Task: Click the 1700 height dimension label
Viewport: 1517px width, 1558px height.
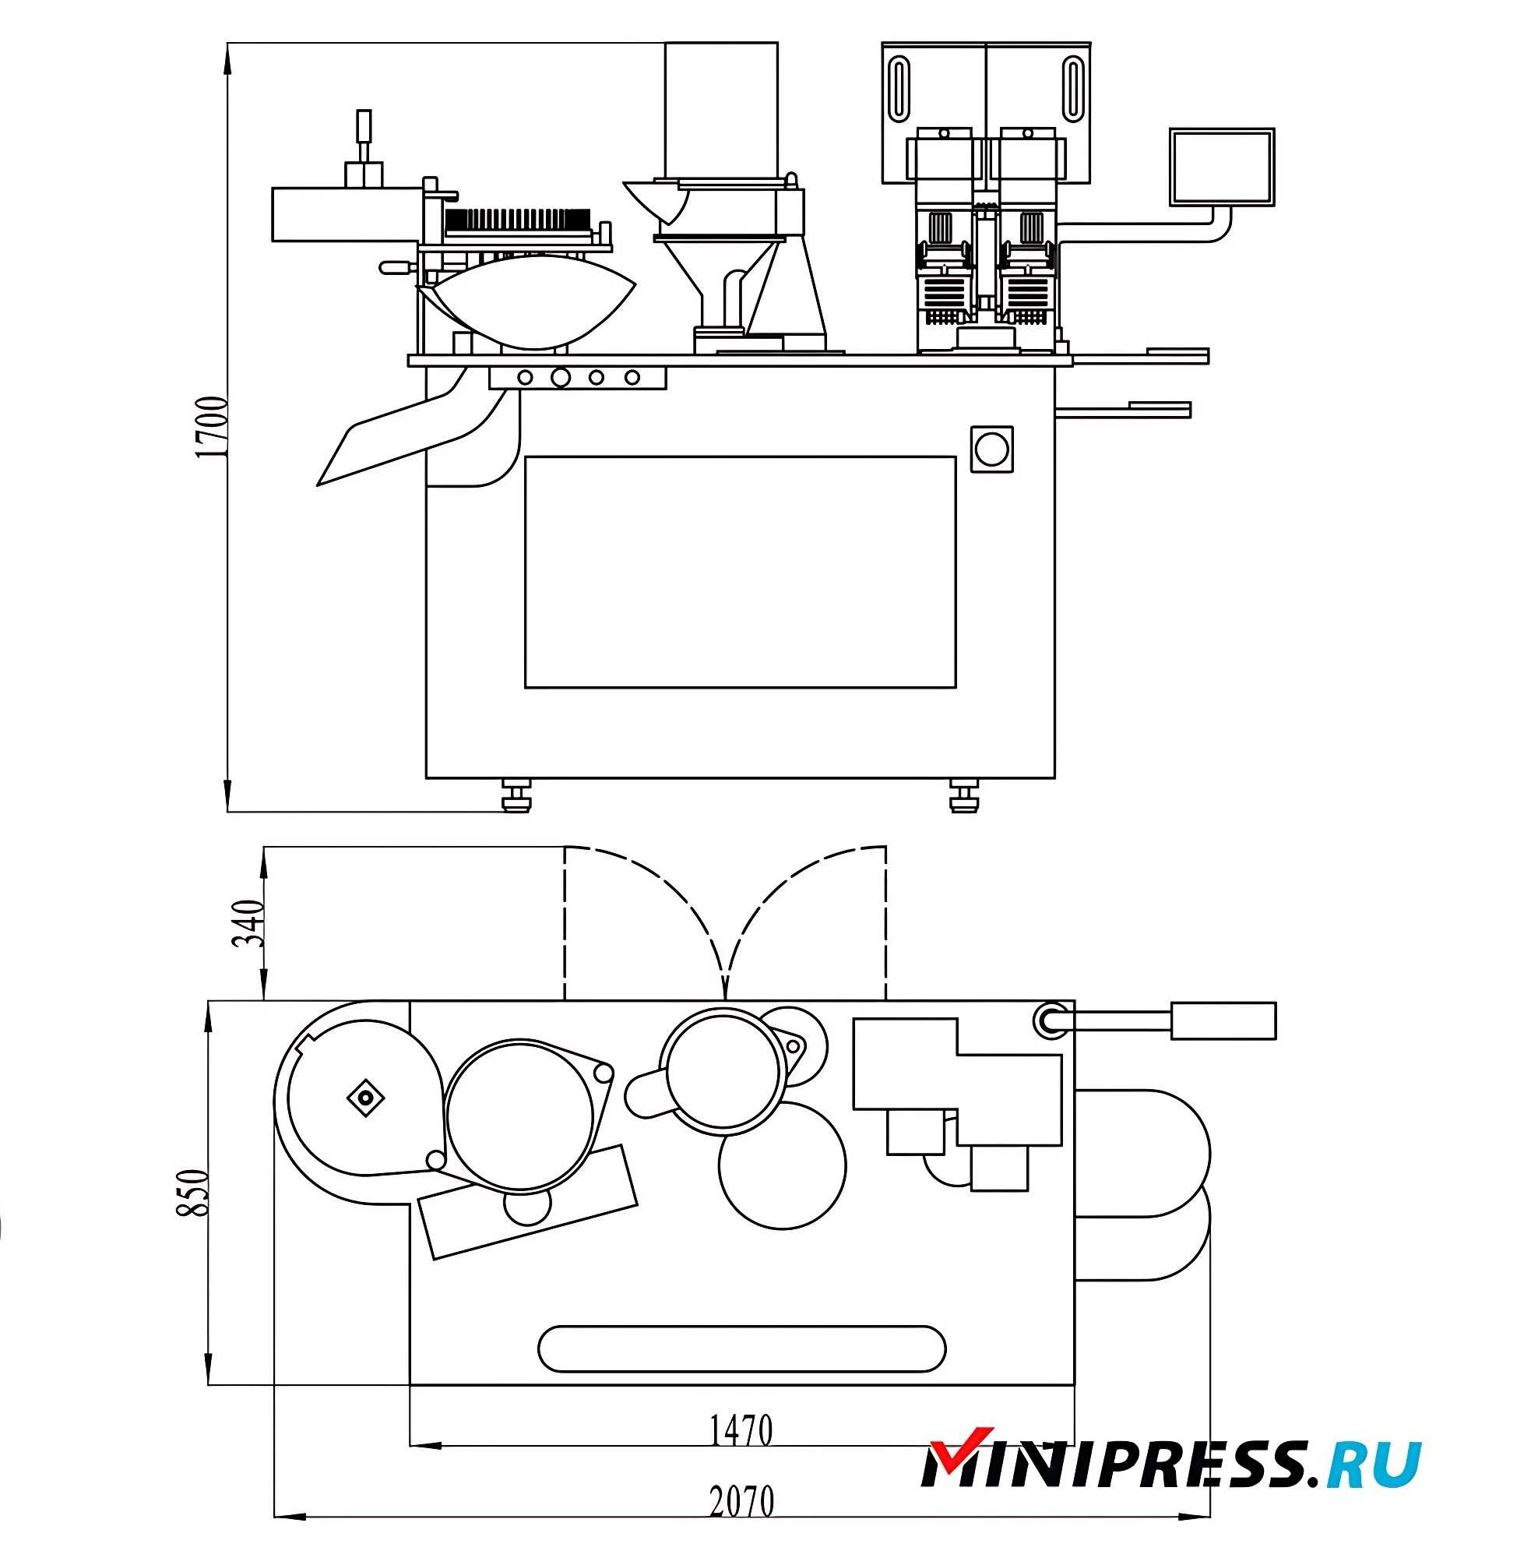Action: (x=211, y=426)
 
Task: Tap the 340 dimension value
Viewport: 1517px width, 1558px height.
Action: (x=248, y=923)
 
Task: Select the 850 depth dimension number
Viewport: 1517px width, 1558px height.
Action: (x=192, y=1193)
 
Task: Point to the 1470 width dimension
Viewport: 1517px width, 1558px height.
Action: (x=741, y=1430)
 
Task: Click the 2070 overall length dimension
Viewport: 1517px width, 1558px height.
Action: (x=741, y=1502)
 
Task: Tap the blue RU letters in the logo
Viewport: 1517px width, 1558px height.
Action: (x=1375, y=1464)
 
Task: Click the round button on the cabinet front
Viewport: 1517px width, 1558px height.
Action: (x=992, y=449)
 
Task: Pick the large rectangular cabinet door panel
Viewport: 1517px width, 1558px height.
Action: (x=740, y=573)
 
